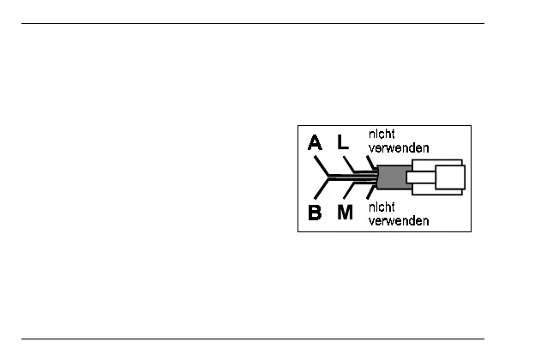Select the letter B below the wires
[x=315, y=213]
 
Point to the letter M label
[x=345, y=213]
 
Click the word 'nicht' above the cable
[x=382, y=134]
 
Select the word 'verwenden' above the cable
[x=399, y=147]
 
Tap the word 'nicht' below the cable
[x=382, y=207]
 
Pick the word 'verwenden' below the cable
[x=399, y=220]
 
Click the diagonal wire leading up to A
[x=322, y=166]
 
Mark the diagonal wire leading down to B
[x=322, y=189]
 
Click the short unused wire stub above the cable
[x=370, y=162]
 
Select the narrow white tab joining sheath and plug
[x=420, y=179]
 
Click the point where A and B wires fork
[x=329, y=177]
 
